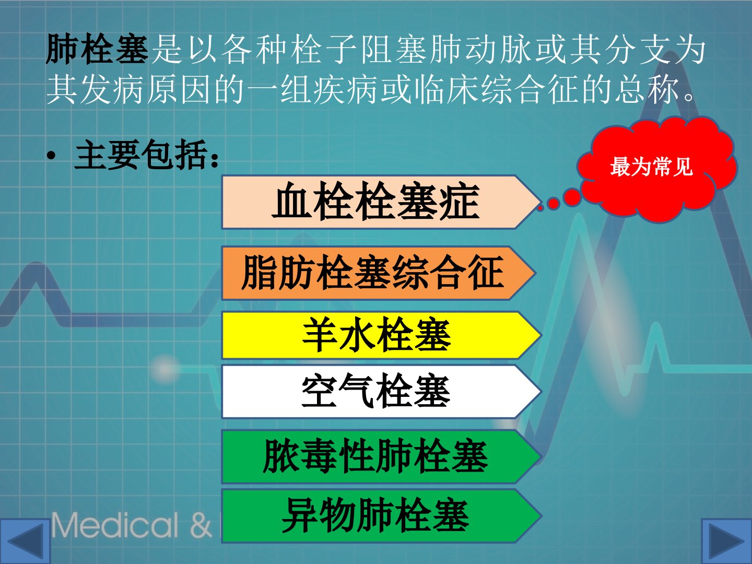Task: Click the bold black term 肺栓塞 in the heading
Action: (97, 49)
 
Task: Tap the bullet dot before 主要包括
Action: (51, 156)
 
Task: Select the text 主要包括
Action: (141, 155)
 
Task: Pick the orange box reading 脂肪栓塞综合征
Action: (379, 273)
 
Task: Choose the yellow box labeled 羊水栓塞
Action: (382, 335)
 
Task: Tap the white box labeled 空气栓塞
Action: (382, 392)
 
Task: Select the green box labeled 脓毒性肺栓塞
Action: (382, 456)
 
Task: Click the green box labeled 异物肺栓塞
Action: (382, 516)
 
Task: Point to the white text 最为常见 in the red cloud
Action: (651, 167)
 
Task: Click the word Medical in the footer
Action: (115, 525)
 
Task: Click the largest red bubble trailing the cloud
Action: (572, 197)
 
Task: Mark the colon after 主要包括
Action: (215, 160)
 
